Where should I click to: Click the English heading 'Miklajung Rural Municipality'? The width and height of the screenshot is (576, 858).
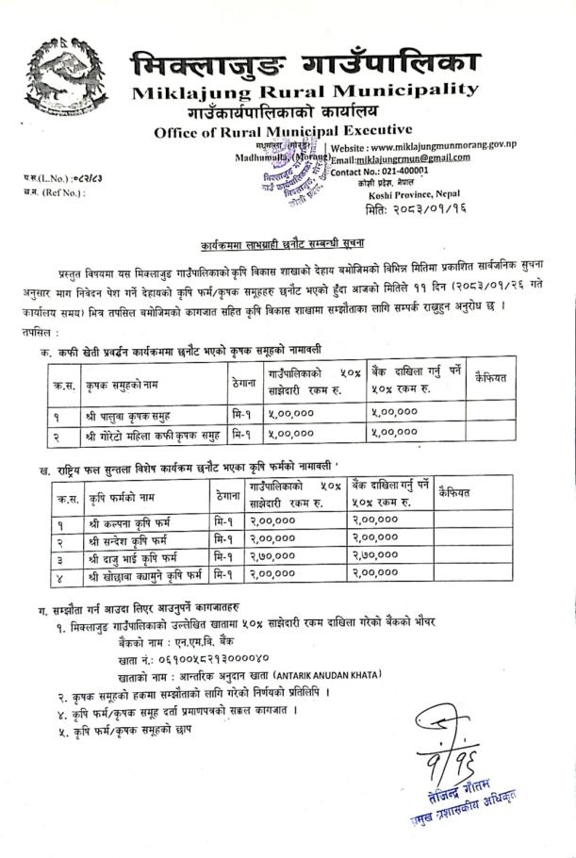tap(305, 91)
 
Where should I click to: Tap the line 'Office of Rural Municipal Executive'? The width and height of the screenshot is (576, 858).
tap(283, 131)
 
